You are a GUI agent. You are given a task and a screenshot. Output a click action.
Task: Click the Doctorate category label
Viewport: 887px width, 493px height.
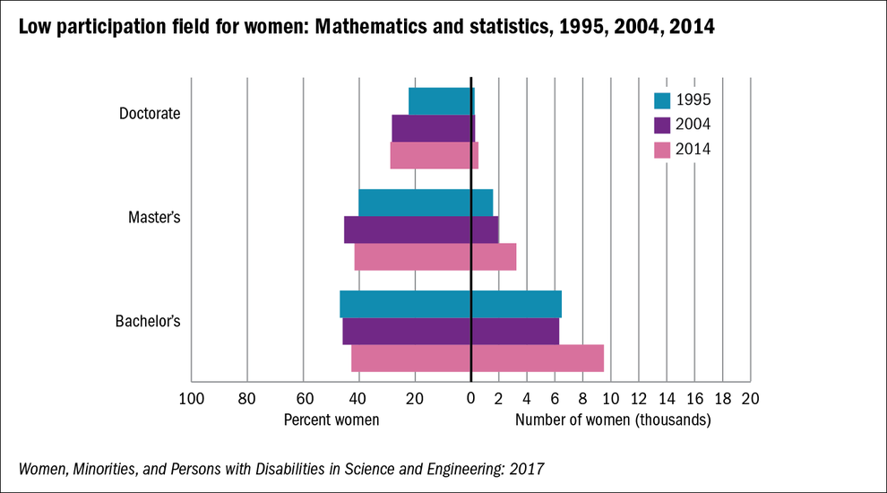pos(150,114)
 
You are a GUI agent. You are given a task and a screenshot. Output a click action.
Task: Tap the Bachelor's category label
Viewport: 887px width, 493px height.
pos(149,320)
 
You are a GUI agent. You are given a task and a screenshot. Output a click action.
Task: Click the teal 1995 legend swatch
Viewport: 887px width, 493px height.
pos(662,99)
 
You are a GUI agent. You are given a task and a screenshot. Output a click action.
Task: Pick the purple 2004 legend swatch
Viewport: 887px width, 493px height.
pos(662,125)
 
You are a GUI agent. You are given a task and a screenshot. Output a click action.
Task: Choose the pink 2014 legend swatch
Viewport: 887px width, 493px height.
pos(662,150)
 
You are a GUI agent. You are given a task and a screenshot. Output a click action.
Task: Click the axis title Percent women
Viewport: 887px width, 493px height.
pos(332,419)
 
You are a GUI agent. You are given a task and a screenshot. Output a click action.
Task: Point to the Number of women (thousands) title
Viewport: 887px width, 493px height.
pos(613,419)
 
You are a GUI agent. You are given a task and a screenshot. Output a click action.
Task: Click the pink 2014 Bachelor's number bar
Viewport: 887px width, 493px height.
pos(538,359)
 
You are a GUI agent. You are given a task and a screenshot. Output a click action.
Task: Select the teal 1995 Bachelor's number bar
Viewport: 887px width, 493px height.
pos(516,304)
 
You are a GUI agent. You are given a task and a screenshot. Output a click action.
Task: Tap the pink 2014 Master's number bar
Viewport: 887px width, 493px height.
pos(494,257)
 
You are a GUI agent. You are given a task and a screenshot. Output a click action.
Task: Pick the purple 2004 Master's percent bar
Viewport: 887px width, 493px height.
pos(408,229)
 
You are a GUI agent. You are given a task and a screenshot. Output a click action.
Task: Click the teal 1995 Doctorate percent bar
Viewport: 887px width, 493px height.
pos(440,101)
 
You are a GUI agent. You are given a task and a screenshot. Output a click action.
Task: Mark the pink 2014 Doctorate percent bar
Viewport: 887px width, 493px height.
pos(431,155)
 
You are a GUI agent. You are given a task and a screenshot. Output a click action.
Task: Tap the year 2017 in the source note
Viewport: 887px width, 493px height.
pos(527,468)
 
